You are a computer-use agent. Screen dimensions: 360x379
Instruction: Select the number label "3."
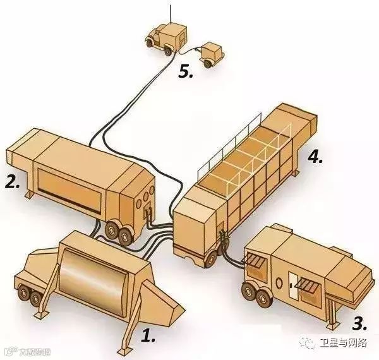359,325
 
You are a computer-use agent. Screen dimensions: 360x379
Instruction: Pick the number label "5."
185,71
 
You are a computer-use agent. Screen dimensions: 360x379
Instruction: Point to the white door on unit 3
295,285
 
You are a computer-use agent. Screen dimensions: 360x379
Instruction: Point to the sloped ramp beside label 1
167,303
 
